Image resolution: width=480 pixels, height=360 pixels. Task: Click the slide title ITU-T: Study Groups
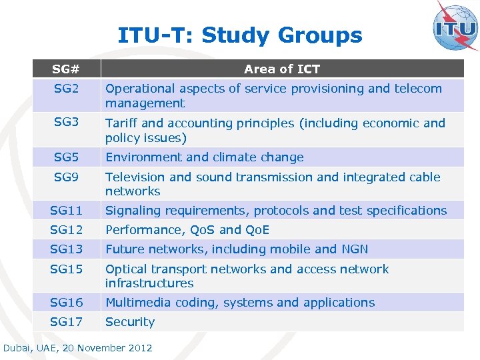[240, 35]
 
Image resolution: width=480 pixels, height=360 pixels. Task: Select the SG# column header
[66, 69]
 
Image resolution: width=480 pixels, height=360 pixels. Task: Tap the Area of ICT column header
[281, 69]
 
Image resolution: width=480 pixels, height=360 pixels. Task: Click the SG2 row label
[66, 89]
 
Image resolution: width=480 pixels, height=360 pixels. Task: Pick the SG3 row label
[66, 123]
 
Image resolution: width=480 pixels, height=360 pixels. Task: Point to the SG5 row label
[66, 157]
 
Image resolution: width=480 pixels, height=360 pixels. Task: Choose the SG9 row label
[66, 177]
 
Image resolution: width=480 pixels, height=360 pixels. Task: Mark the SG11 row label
[66, 211]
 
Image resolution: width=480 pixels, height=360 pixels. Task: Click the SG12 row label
[66, 230]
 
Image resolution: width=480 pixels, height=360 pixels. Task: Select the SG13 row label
[66, 249]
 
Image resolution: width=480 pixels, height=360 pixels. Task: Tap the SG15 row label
[66, 269]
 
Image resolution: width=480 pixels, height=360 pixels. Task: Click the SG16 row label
[66, 303]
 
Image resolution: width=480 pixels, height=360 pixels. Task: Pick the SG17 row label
[66, 322]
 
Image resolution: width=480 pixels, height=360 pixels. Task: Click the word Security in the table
[130, 322]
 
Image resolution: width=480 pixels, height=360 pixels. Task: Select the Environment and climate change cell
[205, 157]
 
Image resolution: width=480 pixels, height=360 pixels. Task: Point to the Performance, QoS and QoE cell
[187, 230]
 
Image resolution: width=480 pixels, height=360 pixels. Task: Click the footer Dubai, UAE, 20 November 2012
[78, 348]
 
